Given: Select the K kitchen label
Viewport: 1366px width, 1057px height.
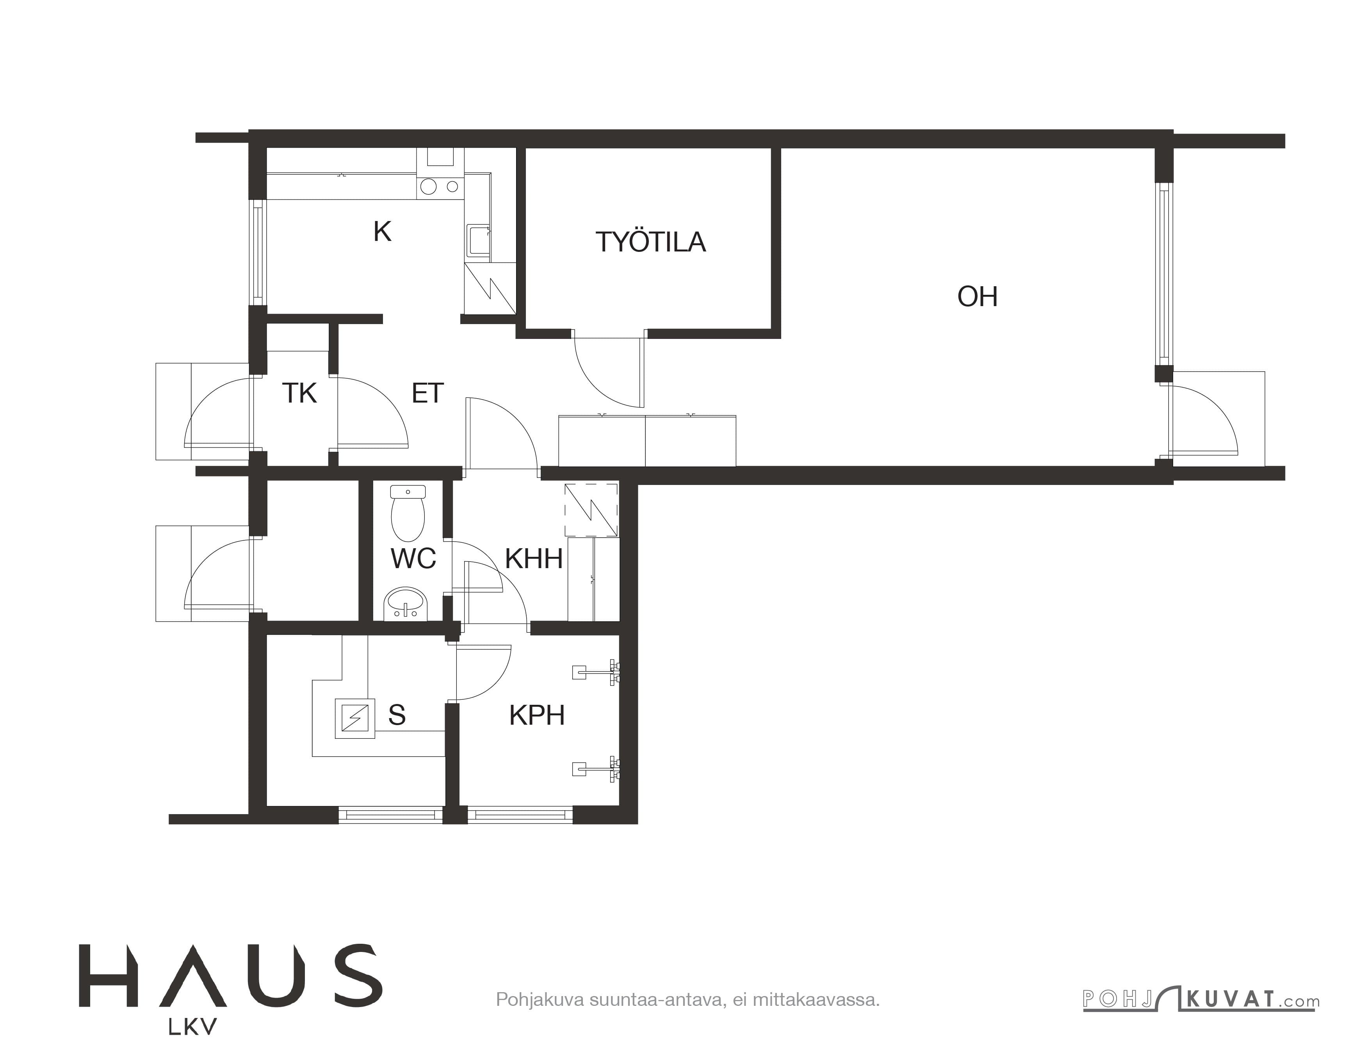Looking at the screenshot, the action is [382, 232].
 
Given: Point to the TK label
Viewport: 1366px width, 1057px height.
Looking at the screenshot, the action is [299, 393].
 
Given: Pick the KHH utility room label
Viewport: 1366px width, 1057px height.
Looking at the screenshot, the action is [534, 558].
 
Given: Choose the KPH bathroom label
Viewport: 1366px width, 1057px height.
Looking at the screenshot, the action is [537, 715].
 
